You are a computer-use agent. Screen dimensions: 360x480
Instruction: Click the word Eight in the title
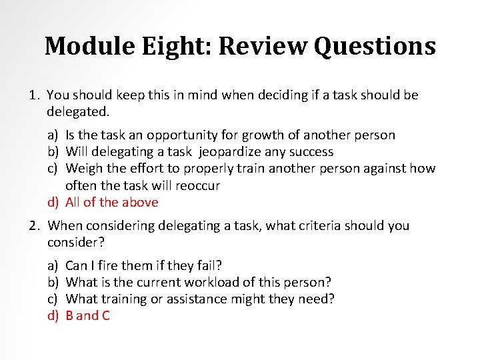[176, 47]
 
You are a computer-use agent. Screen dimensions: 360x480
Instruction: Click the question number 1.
[34, 95]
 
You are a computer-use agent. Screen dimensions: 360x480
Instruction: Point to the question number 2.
[34, 226]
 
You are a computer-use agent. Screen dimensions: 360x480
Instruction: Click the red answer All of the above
[112, 202]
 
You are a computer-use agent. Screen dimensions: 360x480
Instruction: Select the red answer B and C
[88, 315]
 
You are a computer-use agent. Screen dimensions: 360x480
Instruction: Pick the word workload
[227, 283]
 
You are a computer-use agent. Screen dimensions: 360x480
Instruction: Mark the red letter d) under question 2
[53, 315]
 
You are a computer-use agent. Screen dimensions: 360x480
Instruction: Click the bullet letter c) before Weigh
[53, 169]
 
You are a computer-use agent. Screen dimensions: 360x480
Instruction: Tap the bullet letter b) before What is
[53, 283]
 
